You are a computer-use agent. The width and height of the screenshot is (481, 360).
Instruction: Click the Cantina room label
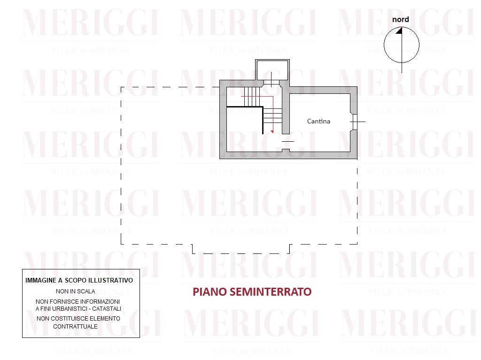coord(318,121)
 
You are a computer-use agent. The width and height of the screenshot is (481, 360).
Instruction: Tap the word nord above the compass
coord(400,19)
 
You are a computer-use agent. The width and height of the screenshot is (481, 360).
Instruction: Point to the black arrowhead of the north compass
coord(399,31)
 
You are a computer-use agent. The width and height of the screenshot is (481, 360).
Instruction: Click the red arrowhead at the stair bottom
coord(272,131)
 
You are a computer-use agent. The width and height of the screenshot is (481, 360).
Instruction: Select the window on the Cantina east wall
coord(355,122)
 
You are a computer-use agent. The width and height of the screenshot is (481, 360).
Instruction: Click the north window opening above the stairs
coord(272,82)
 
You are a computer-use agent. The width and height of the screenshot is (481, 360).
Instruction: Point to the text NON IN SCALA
coord(76,291)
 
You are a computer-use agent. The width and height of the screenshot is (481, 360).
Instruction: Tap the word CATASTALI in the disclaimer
coord(107,309)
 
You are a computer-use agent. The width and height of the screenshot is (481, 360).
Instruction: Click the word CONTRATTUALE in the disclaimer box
coord(76,327)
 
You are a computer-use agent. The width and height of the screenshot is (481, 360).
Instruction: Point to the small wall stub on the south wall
coord(286,150)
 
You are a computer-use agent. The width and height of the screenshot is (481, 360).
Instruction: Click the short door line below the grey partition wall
coord(288,141)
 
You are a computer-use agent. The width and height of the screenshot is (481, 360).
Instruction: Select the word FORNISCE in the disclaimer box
coord(63,302)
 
